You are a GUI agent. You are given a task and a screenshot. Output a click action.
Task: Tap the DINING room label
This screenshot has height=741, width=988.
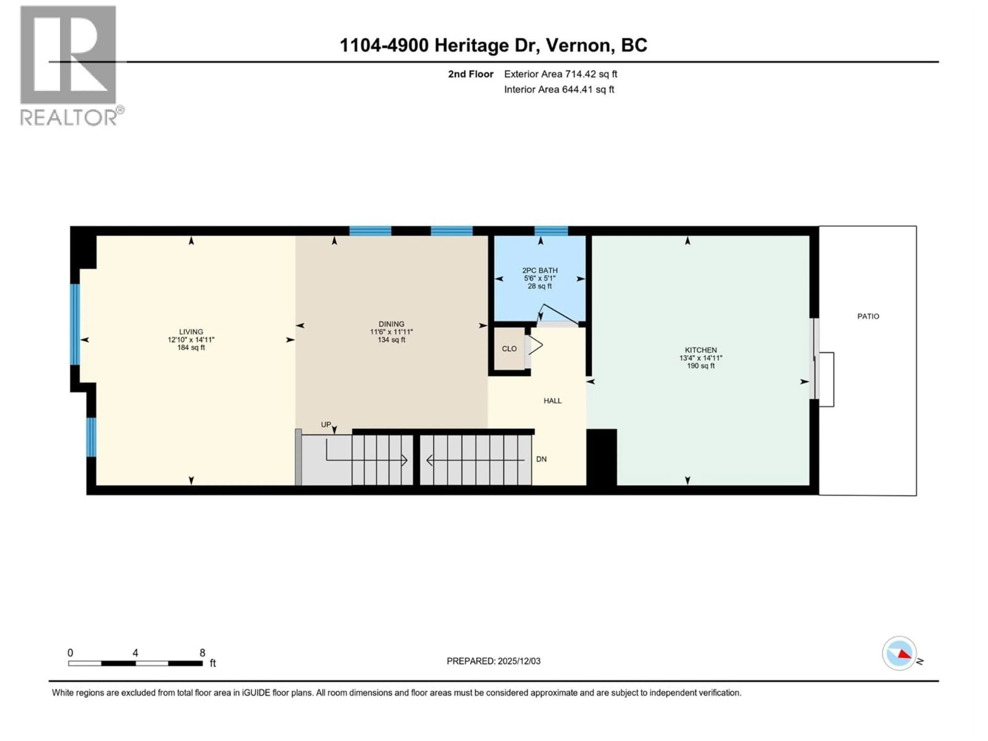pos(391,324)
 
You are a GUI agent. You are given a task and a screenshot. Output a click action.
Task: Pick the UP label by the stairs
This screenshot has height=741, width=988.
pos(326,424)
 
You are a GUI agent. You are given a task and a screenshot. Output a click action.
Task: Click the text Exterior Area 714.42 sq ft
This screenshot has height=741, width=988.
pos(561,74)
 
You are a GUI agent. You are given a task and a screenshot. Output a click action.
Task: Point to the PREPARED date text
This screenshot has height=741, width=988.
pos(493,661)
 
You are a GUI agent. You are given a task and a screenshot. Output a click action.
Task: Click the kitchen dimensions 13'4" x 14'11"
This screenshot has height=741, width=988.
pos(701,358)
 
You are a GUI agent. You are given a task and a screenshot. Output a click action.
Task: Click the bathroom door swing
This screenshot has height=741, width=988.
pos(558,314)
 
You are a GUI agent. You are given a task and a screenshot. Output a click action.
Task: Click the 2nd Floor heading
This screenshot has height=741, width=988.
pos(471,74)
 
